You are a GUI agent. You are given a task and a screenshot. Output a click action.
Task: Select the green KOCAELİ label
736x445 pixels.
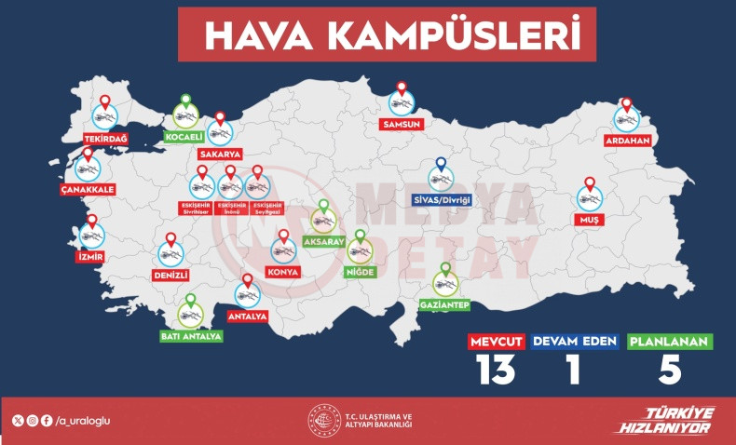pos(184,138)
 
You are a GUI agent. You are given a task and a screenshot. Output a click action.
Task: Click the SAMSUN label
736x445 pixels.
pos(402,124)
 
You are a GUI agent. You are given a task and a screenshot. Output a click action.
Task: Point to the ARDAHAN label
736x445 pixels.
pos(626,141)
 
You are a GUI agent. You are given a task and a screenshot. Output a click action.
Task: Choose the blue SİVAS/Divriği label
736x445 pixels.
pos(441,199)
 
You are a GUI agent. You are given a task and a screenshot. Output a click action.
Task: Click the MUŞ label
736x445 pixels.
pos(589,219)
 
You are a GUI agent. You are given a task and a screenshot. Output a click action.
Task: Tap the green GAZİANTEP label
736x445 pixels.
pos(444,304)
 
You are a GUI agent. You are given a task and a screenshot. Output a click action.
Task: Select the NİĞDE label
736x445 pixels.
pos(359,271)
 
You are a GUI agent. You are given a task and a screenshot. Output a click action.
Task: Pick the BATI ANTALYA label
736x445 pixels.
pos(191,336)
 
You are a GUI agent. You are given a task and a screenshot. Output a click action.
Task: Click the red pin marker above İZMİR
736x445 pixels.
pos(91,223)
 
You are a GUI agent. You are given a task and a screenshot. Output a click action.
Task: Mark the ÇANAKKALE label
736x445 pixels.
pos(89,189)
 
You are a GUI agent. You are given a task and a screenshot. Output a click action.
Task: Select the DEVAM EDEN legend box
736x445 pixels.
pos(575,342)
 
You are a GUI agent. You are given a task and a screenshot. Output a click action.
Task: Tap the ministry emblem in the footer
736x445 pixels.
pos(322,421)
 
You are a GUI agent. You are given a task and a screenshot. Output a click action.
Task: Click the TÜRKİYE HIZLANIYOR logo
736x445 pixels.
pos(664,421)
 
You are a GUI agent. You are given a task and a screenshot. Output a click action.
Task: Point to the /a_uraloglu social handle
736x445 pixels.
pos(83,421)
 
